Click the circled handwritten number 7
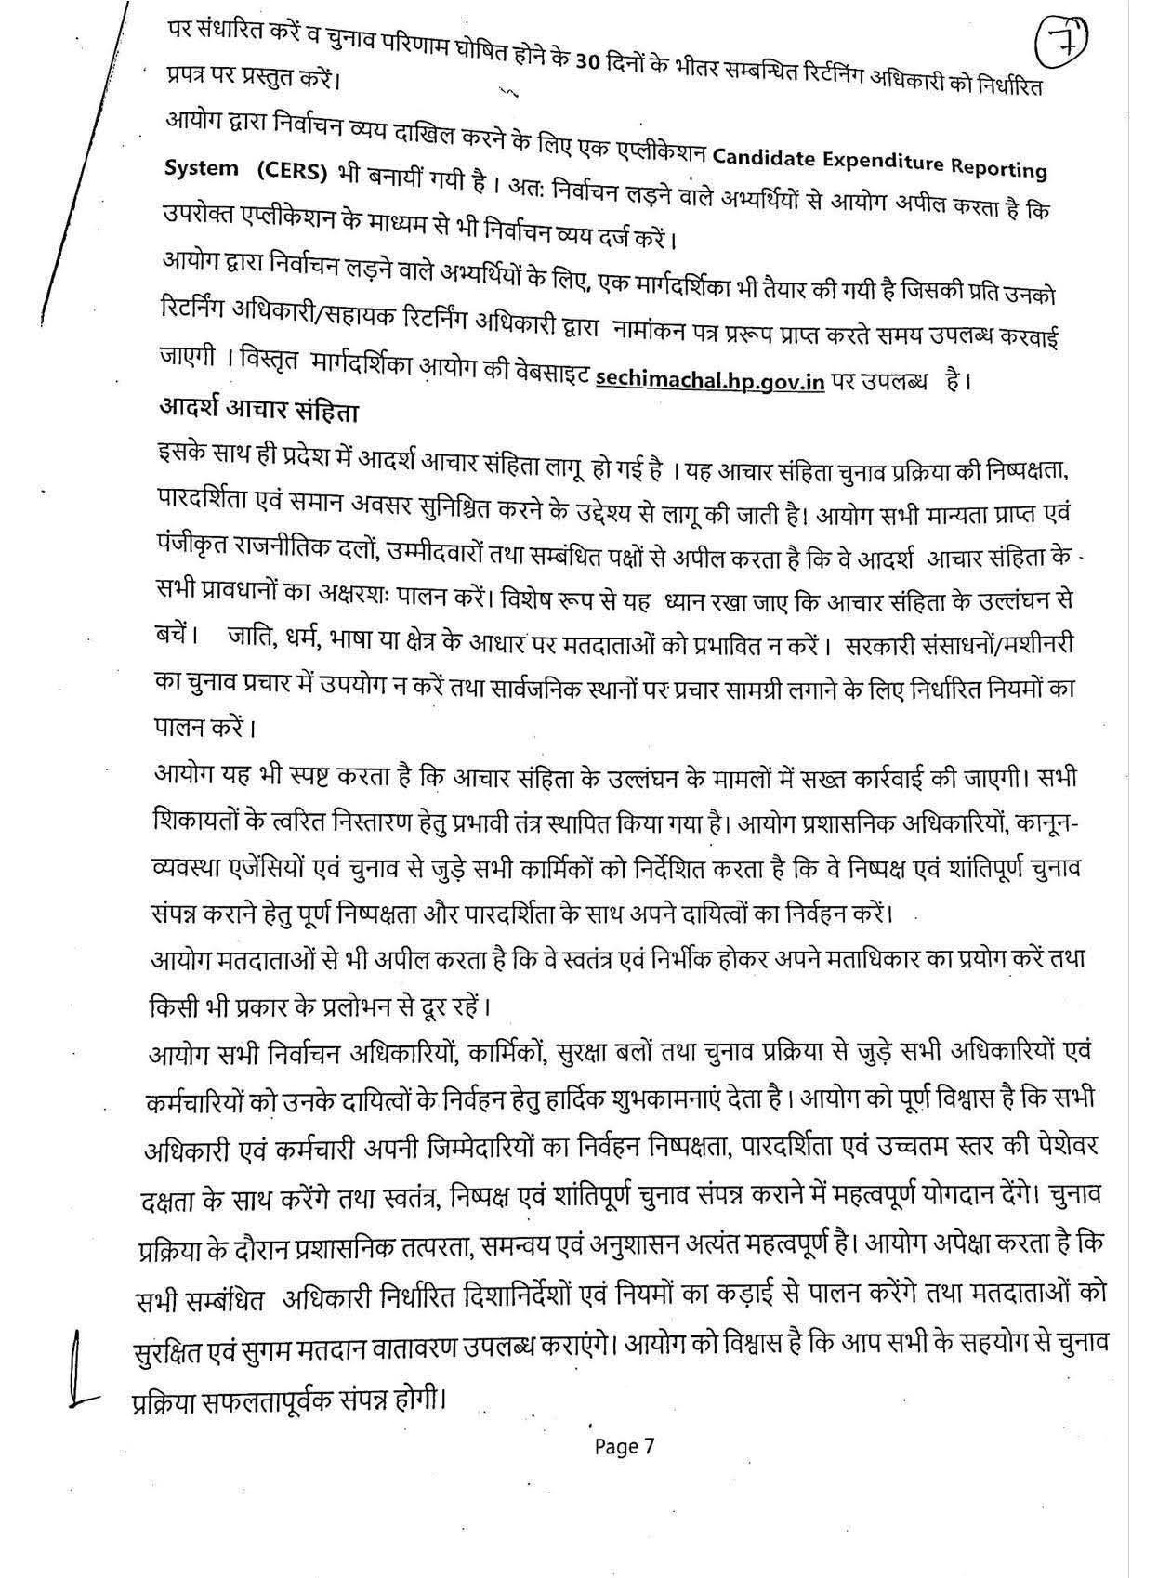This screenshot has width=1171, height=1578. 1061,40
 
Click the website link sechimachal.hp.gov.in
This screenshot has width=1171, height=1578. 709,379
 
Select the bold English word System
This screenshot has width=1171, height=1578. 201,169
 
